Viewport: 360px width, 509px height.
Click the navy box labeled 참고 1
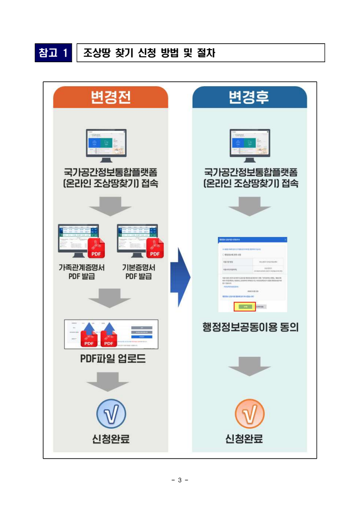[x=54, y=53]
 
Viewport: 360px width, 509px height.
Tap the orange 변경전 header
[x=111, y=97]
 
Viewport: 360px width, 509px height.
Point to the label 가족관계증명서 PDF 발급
[x=82, y=272]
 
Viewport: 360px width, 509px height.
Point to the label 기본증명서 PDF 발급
[x=138, y=272]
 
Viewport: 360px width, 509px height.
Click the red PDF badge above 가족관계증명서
[x=96, y=248]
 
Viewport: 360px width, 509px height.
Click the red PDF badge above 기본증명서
[x=155, y=248]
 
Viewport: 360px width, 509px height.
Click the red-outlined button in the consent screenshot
[x=245, y=307]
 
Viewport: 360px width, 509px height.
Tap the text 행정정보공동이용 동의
[x=251, y=327]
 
